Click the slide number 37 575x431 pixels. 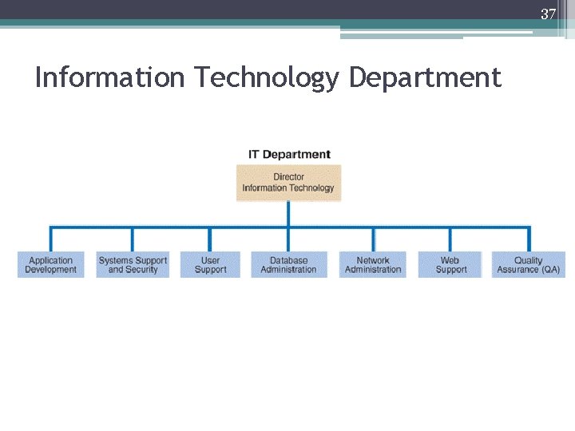[x=548, y=14]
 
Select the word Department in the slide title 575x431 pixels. [x=425, y=78]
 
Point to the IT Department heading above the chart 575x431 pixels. [x=288, y=154]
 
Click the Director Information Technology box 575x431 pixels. [x=288, y=183]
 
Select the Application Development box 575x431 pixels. [x=50, y=265]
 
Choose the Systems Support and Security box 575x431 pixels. [x=133, y=265]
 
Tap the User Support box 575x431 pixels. [x=210, y=265]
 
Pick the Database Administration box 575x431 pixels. [x=288, y=265]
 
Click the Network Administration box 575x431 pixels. [x=373, y=265]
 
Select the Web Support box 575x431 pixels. [x=450, y=265]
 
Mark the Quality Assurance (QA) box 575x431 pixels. [x=528, y=265]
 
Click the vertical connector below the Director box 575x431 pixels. [x=288, y=214]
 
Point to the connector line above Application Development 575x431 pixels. [x=51, y=239]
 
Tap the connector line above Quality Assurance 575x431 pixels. [x=528, y=239]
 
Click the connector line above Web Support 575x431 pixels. [x=450, y=239]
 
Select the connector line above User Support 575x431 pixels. [x=210, y=239]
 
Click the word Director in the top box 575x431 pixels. [x=288, y=177]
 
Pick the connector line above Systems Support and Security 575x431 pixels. [x=133, y=239]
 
